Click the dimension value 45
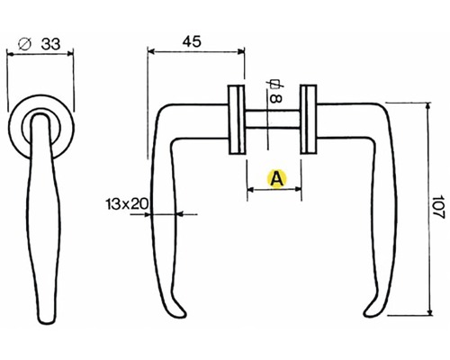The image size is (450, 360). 192,41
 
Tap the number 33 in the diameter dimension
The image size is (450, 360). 50,44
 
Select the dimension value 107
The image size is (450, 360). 438,207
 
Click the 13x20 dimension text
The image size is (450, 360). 127,204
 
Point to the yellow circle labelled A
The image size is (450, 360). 276,179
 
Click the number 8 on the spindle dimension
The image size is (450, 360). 275,99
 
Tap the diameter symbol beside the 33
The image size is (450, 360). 25,44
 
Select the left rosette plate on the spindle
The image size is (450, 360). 237,120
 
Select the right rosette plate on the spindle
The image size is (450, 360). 309,120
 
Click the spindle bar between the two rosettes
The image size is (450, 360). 273,120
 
